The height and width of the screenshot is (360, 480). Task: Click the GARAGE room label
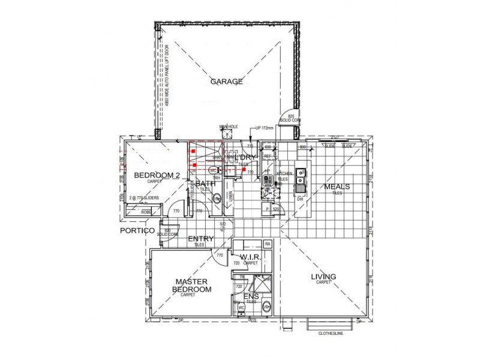226,82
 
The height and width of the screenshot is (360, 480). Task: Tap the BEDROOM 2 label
156,175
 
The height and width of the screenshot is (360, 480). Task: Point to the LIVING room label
323,277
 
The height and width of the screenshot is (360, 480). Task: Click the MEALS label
337,187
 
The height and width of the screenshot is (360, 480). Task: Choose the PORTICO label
137,230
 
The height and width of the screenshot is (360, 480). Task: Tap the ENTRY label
200,239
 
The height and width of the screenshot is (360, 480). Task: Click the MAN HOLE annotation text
229,127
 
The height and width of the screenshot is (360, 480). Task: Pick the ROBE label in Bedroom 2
146,212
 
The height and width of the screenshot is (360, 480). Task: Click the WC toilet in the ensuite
242,308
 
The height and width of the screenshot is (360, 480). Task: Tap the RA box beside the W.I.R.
267,244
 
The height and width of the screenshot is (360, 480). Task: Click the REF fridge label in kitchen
268,156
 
